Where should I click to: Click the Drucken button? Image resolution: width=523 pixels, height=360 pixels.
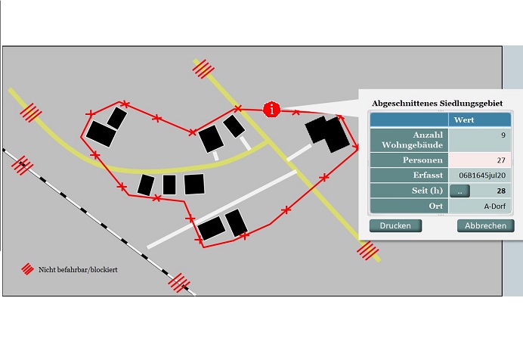pos(395,225)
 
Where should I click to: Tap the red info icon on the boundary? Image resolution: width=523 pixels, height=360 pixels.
pos(272,109)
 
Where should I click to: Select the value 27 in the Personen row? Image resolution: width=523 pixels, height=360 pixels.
pos(501,160)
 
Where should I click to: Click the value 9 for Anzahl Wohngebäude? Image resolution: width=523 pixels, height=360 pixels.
pos(503,135)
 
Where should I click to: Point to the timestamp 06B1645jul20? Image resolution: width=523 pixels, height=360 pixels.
pos(482,175)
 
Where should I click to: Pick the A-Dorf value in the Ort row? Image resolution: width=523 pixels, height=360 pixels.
pos(494,206)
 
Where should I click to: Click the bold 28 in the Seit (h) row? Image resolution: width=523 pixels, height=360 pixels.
pos(501,191)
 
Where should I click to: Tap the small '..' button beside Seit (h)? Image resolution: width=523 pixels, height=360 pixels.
pos(460,191)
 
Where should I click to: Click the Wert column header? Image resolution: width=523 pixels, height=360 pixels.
pos(463,119)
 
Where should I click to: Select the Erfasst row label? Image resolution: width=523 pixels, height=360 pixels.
pos(428,175)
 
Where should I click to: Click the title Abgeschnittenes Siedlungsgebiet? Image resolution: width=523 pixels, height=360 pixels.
pos(437,103)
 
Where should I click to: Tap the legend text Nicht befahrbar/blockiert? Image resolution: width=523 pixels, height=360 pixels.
pos(78,269)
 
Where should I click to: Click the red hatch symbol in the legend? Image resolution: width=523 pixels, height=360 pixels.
pos(28,269)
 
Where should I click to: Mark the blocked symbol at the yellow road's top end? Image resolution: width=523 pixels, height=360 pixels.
pos(203,69)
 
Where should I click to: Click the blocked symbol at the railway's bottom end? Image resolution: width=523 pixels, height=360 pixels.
pos(179,283)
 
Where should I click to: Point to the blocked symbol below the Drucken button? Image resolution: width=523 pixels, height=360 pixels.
pos(368,250)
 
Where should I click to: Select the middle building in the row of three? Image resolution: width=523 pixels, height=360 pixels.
pos(169,185)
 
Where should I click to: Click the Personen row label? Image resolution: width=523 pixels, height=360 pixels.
pos(422,160)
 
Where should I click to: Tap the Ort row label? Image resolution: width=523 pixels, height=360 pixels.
pos(436,206)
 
